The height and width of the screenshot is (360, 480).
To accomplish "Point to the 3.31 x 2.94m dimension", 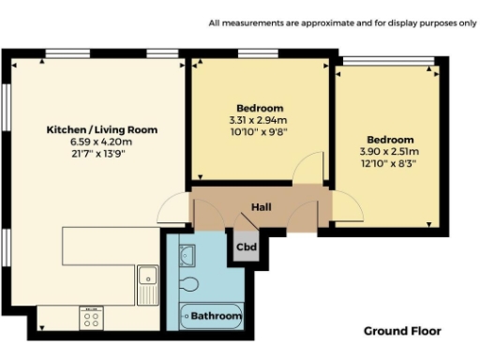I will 258,120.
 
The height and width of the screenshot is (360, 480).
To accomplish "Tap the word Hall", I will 262,206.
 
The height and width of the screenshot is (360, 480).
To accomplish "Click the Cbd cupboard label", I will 246,247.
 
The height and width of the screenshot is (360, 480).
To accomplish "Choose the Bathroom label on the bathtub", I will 217,317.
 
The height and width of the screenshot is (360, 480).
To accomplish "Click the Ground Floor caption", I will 401,331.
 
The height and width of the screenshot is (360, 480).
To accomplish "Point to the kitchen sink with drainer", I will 149,281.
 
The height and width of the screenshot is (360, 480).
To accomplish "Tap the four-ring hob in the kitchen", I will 92,318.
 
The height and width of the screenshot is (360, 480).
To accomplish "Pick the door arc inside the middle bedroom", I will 307,173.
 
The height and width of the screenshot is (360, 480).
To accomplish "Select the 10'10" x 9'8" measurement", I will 258,132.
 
